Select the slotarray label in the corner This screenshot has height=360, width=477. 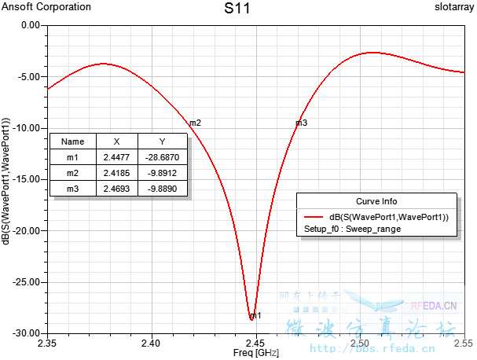click(452, 7)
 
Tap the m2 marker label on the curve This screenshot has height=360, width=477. click(195, 123)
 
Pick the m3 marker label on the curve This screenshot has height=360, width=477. click(301, 123)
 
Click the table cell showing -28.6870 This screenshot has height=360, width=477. click(162, 157)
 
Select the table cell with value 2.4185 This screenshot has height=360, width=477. click(116, 173)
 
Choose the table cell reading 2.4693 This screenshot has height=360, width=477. click(116, 189)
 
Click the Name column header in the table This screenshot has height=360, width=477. click(72, 141)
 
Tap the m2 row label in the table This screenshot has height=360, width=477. click(72, 173)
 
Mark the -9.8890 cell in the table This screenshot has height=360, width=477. click(162, 189)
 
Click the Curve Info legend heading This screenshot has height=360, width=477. click(376, 200)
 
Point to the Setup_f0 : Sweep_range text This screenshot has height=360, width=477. click(352, 229)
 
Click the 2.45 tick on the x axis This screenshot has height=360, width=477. click(255, 343)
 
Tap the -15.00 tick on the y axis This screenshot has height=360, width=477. click(28, 179)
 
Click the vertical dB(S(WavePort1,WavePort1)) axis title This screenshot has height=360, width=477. click(7, 179)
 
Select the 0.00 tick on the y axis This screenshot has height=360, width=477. click(31, 25)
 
